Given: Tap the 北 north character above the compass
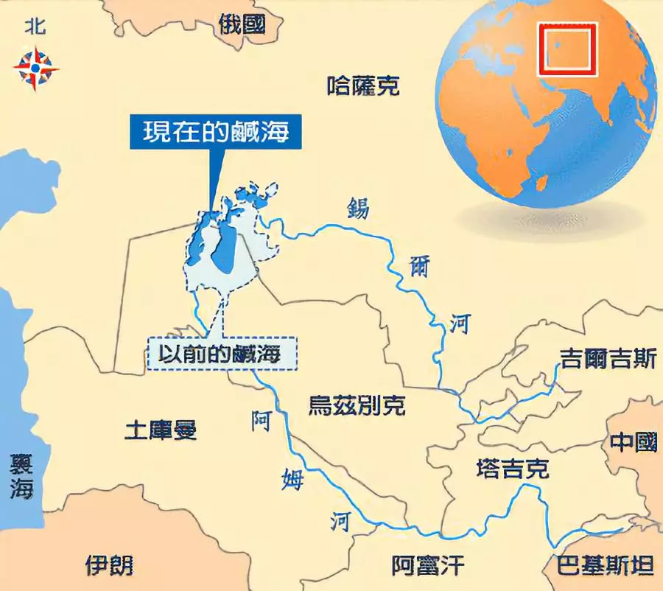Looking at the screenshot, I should point(35,27).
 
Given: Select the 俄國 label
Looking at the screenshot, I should point(242,24).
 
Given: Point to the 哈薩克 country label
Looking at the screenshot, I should point(363,86).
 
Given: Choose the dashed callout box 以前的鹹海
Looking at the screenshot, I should point(222,353).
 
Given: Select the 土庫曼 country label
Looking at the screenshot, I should point(161,429).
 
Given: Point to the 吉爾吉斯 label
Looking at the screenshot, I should point(608,359).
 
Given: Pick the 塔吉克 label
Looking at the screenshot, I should point(513,469).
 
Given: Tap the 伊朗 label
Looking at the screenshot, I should point(110,565).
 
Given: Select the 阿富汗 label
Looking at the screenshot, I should point(428,565).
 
